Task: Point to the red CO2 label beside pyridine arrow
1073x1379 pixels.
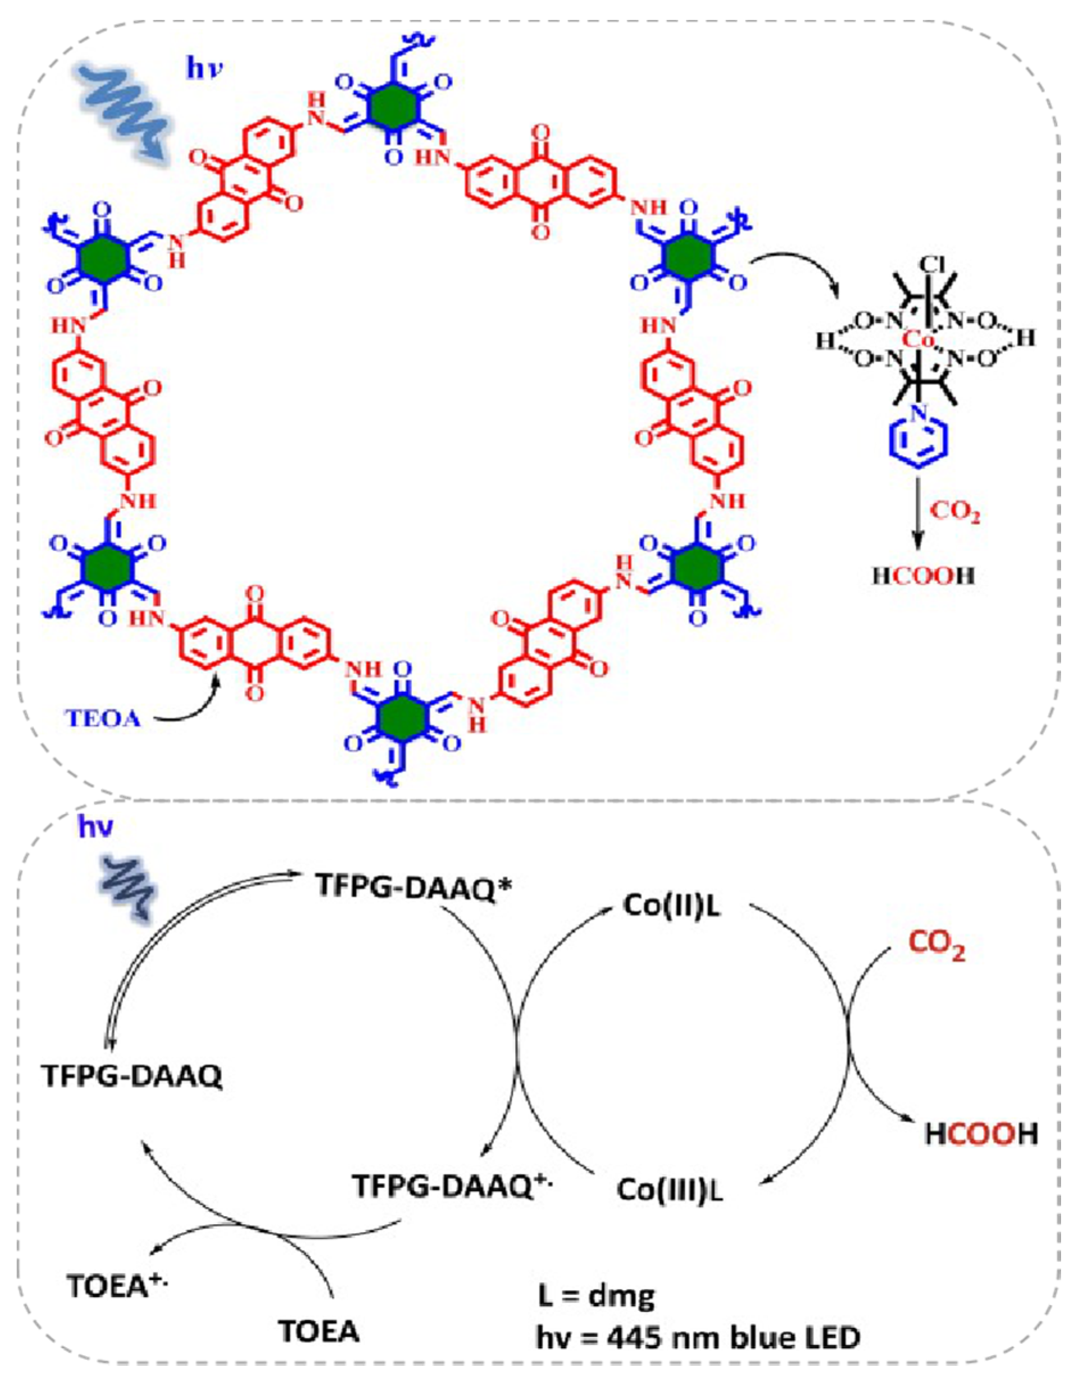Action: [x=956, y=511]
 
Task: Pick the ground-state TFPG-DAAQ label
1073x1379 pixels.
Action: [x=132, y=1076]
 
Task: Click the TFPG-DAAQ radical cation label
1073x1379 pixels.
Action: [x=453, y=1185]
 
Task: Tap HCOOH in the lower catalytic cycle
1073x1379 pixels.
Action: [x=981, y=1134]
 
